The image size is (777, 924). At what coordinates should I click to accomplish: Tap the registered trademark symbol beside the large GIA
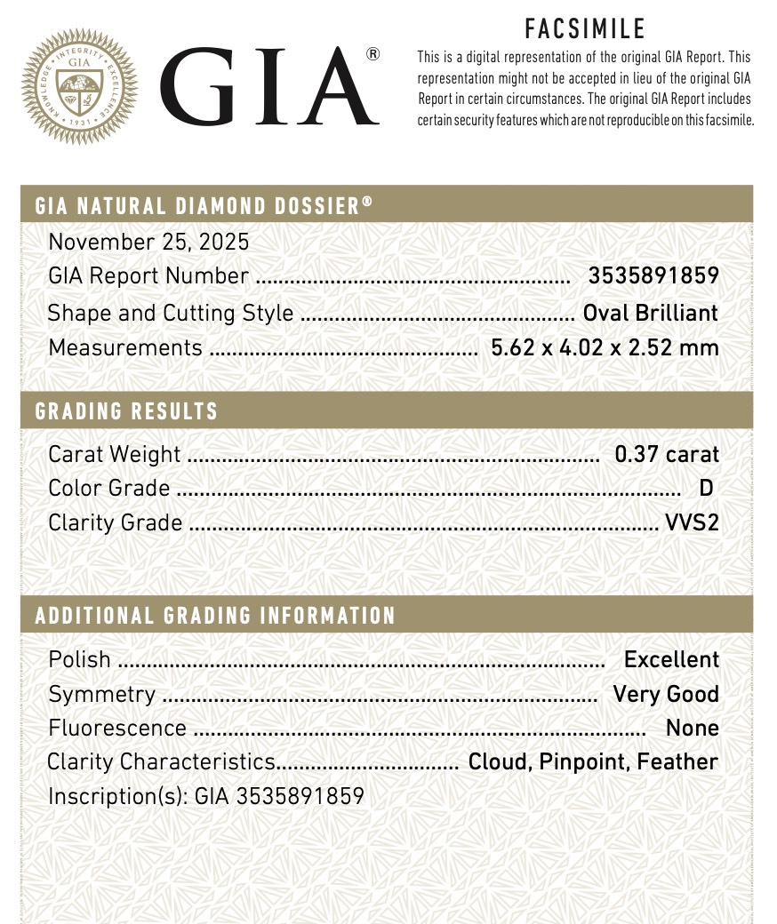(x=372, y=54)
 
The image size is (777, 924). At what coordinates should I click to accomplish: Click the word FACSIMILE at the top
(x=585, y=29)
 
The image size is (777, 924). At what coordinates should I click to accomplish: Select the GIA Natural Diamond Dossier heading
(x=204, y=206)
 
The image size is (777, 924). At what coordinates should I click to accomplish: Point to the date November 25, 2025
(x=148, y=242)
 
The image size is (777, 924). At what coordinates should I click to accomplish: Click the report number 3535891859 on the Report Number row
(x=653, y=276)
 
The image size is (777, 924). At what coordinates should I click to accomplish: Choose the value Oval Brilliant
(x=650, y=313)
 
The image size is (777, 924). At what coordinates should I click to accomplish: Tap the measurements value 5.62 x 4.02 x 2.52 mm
(x=605, y=347)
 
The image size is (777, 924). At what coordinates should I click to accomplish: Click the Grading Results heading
(x=126, y=411)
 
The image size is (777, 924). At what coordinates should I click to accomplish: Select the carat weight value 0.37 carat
(x=667, y=454)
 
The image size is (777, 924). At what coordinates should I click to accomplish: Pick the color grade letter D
(x=707, y=489)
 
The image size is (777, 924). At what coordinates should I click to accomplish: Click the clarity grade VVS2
(x=692, y=522)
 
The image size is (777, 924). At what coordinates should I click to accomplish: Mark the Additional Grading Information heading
(x=215, y=616)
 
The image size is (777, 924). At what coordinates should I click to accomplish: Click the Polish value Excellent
(x=671, y=659)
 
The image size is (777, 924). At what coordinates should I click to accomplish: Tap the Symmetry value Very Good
(x=666, y=694)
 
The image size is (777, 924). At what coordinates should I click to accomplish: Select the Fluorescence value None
(x=692, y=728)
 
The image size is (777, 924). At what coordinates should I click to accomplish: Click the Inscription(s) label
(x=117, y=796)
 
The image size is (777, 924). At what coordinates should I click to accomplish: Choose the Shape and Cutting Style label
(x=170, y=313)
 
